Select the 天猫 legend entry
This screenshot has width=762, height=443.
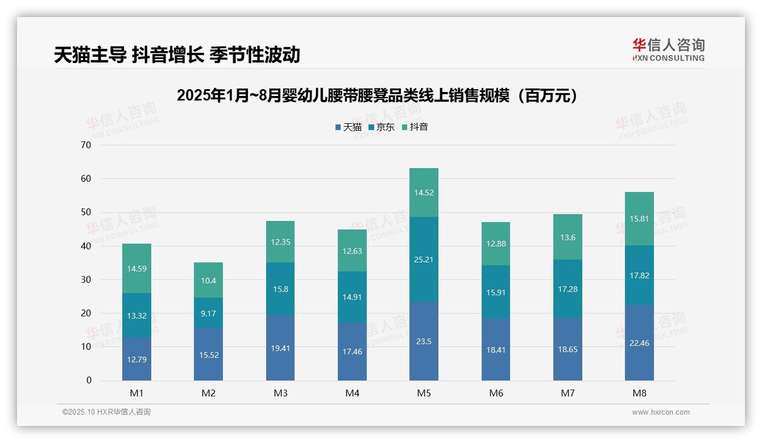349,127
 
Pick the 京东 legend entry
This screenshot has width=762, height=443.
382,127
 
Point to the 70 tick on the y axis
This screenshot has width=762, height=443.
86,145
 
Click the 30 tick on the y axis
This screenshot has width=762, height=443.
86,279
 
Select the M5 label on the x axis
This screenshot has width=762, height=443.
424,394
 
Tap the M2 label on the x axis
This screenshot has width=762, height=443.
208,394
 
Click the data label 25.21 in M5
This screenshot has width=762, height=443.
424,260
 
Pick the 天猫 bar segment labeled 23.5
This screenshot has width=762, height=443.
424,341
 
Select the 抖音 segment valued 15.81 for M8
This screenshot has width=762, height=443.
639,219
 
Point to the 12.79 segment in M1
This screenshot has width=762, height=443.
136,359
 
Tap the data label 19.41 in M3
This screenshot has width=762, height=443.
280,348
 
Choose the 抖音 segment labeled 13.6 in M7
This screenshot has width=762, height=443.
568,237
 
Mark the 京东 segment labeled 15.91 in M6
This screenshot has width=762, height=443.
495,292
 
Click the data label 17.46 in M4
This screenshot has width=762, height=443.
352,352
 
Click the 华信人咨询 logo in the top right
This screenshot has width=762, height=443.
668,50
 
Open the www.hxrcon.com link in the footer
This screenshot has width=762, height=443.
661,412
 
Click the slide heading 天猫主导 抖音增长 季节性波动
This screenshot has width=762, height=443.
177,55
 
